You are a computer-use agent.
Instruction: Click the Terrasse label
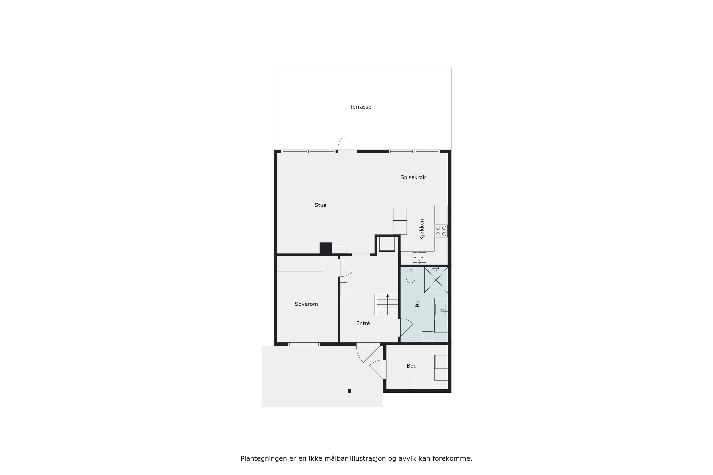360,107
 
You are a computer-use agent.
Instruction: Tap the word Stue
320,205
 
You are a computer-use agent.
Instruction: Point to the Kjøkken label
422,229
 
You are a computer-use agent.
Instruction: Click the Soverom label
306,304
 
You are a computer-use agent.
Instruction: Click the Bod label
411,366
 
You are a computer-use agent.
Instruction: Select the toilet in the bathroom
411,275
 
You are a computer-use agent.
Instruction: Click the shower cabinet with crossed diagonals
436,280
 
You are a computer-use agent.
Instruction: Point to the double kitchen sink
419,258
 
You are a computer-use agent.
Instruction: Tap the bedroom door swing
346,268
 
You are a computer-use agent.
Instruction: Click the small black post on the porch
349,391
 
